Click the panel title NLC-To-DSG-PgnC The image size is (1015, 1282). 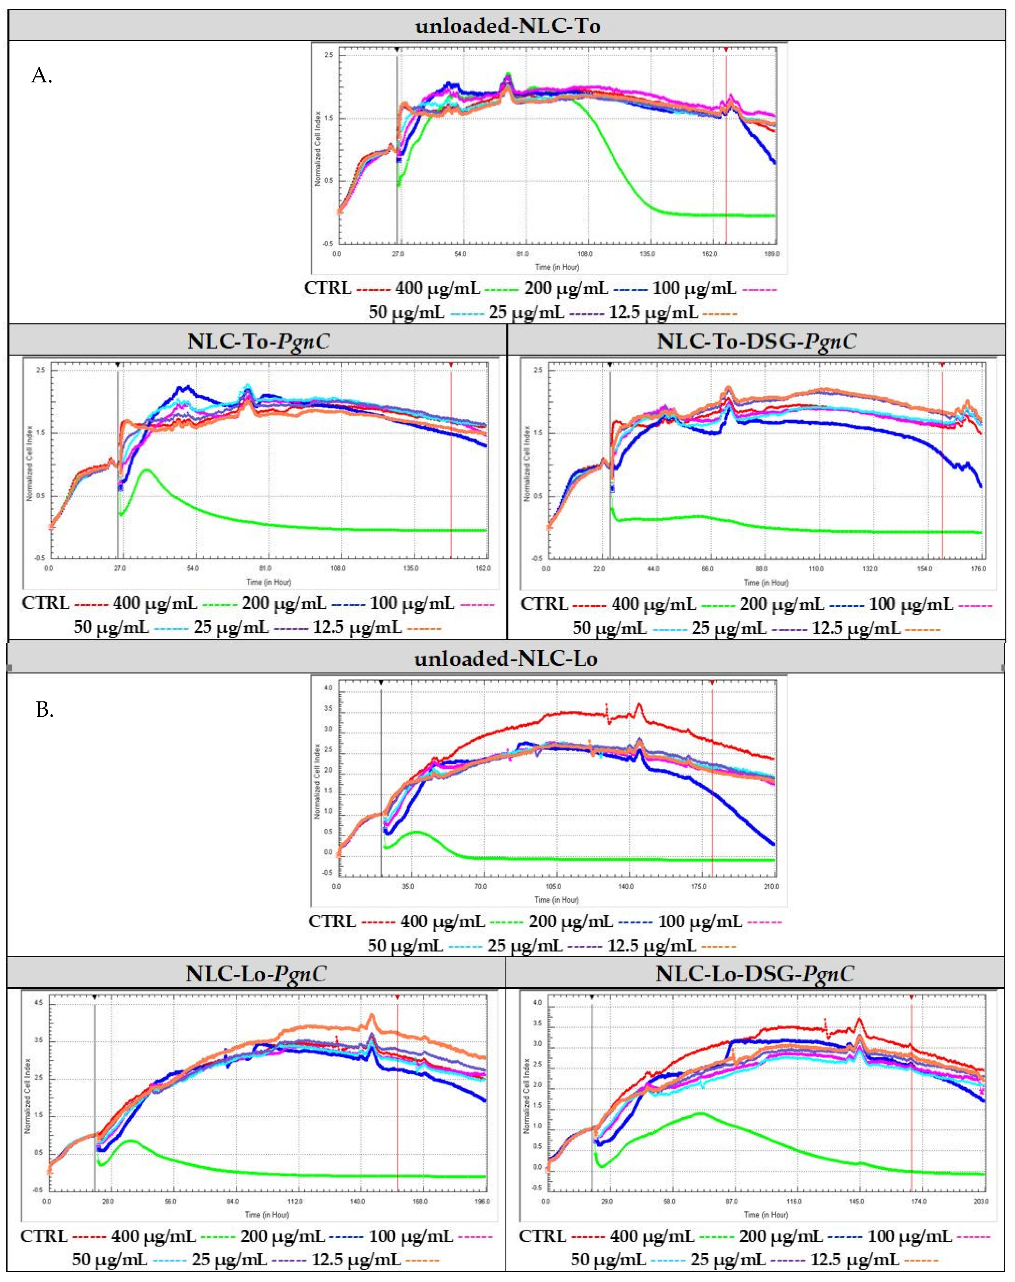click(756, 341)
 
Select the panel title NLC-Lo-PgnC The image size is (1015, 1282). click(256, 974)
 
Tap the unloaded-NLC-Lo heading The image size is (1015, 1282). click(506, 659)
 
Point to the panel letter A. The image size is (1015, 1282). click(42, 76)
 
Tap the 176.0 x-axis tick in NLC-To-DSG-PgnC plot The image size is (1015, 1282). click(978, 569)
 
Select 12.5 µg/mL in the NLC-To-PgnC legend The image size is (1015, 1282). click(357, 627)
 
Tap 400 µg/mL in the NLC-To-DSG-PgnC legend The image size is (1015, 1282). click(654, 604)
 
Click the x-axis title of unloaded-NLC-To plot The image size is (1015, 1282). click(556, 267)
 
